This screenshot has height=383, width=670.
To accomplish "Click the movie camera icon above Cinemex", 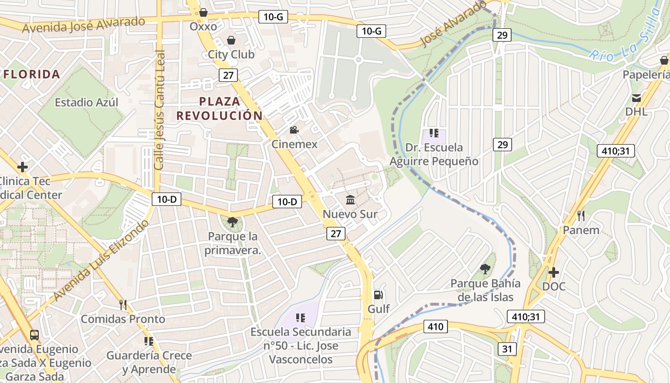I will (294, 130).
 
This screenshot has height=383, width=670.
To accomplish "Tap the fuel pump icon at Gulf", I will (379, 295).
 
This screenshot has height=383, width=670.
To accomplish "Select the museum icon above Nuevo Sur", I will (350, 200).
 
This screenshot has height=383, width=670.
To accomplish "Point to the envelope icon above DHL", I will (636, 98).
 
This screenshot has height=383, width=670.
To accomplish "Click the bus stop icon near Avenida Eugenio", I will (34, 335).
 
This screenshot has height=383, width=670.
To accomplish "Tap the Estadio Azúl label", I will (87, 102).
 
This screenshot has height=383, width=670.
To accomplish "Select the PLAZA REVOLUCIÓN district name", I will (220, 108).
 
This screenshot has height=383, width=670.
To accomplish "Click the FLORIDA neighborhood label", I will (32, 74).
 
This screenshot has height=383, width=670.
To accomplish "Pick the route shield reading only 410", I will (435, 327).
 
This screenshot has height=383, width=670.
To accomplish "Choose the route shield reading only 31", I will (507, 349).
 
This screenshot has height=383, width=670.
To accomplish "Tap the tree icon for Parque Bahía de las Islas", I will (485, 269).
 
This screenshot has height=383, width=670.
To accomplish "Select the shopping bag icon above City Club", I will (231, 40).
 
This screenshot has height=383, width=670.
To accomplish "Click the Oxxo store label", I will (203, 26).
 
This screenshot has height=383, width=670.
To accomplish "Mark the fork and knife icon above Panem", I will (581, 216).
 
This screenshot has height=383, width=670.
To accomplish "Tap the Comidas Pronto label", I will (123, 319).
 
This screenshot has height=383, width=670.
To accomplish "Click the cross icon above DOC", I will (554, 272).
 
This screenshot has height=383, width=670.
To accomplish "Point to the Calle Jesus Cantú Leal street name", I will (159, 110).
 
